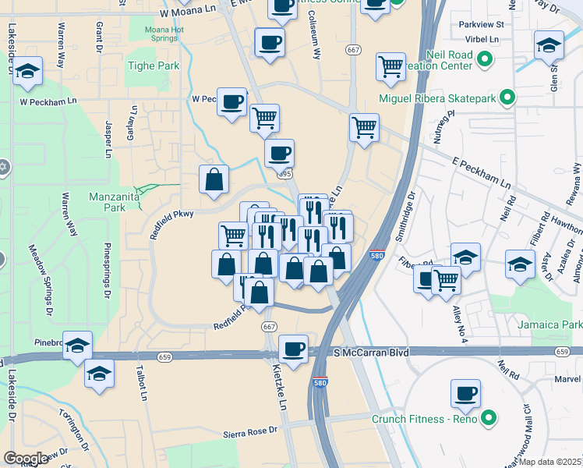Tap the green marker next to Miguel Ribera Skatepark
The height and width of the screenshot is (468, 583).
(x=507, y=98)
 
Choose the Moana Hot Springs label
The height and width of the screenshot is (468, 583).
(x=164, y=34)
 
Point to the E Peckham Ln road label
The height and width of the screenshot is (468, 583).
(x=482, y=173)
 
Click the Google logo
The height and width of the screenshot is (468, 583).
(x=26, y=459)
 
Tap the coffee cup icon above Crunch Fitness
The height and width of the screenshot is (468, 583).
(x=465, y=392)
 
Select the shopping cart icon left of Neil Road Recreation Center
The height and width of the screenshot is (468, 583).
(x=390, y=66)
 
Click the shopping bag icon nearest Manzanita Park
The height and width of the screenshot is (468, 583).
(x=214, y=179)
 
